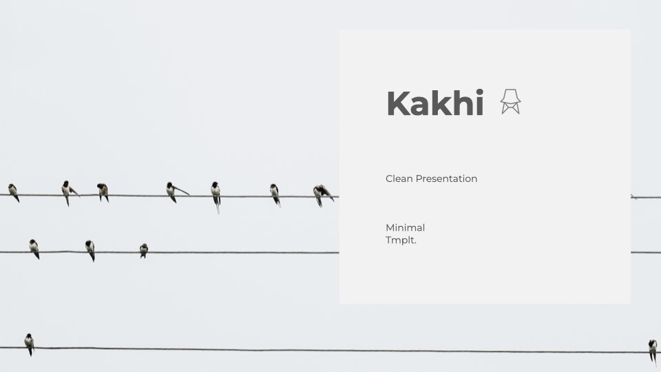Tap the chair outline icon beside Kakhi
pyautogui.click(x=510, y=102)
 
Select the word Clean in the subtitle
pyautogui.click(x=399, y=178)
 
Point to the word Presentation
pyautogui.click(x=446, y=178)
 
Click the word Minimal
pyautogui.click(x=405, y=228)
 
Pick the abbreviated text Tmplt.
pyautogui.click(x=401, y=240)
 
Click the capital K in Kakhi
pyautogui.click(x=397, y=103)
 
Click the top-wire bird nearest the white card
pyautogui.click(x=323, y=195)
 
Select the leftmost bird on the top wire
pyautogui.click(x=14, y=192)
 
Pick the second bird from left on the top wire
pyautogui.click(x=69, y=192)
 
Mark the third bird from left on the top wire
pyautogui.click(x=103, y=192)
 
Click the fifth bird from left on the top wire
pyautogui.click(x=216, y=196)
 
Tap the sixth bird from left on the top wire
pyautogui.click(x=275, y=195)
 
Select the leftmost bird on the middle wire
pyautogui.click(x=34, y=249)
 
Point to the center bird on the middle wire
pyautogui.click(x=90, y=250)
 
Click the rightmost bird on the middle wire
pyautogui.click(x=144, y=251)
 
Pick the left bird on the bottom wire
pyautogui.click(x=29, y=344)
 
